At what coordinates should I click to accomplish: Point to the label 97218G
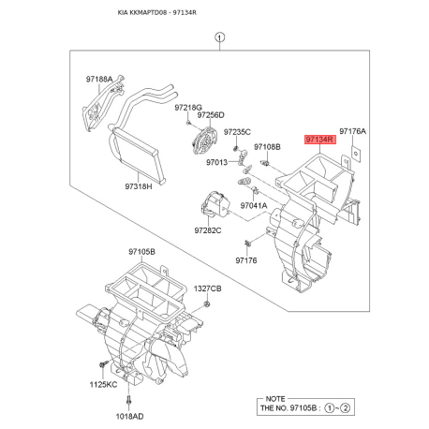click(x=189, y=108)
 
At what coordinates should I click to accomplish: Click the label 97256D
click(x=211, y=115)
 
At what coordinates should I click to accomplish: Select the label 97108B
click(x=267, y=147)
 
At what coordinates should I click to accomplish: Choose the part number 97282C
click(x=208, y=229)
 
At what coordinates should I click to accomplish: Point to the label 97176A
click(x=353, y=132)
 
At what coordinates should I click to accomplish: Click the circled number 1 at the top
click(x=219, y=38)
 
